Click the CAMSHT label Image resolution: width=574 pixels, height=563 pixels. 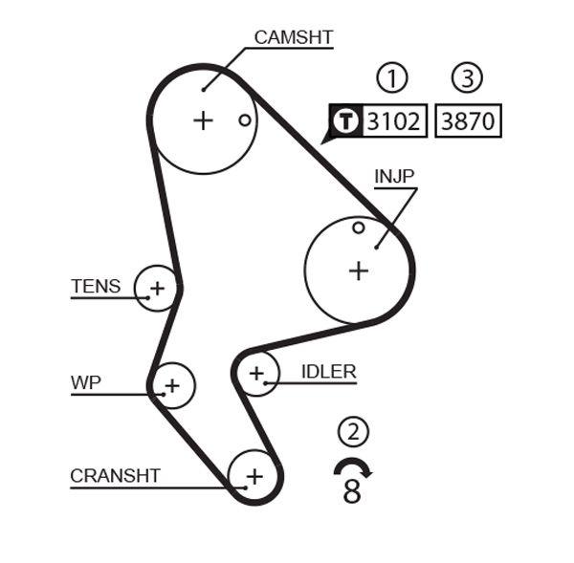pyautogui.click(x=293, y=38)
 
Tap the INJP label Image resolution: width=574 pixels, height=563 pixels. pyautogui.click(x=394, y=177)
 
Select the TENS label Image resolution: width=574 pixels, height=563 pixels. pyautogui.click(x=96, y=286)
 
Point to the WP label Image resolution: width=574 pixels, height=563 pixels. pyautogui.click(x=86, y=383)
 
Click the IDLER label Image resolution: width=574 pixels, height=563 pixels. pyautogui.click(x=328, y=372)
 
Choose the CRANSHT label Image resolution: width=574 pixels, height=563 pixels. pyautogui.click(x=115, y=475)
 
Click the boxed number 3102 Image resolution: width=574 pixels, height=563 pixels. pyautogui.click(x=392, y=121)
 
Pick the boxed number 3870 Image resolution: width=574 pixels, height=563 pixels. pyautogui.click(x=468, y=121)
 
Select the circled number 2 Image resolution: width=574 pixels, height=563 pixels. pyautogui.click(x=353, y=432)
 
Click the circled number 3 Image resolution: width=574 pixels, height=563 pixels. pyautogui.click(x=468, y=78)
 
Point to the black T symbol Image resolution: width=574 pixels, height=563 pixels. pyautogui.click(x=345, y=121)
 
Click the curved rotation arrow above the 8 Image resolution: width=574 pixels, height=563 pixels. pyautogui.click(x=353, y=466)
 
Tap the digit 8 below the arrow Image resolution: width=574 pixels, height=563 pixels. pyautogui.click(x=352, y=491)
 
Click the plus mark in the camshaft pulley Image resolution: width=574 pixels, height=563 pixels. pyautogui.click(x=203, y=120)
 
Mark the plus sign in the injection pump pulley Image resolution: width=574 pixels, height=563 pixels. pyautogui.click(x=358, y=271)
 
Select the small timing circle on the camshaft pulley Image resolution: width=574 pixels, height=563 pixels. pyautogui.click(x=245, y=120)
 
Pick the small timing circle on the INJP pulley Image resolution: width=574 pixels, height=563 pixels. pyautogui.click(x=358, y=227)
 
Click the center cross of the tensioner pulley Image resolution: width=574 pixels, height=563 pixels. pyautogui.click(x=157, y=288)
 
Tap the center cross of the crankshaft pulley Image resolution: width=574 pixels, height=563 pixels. pyautogui.click(x=254, y=475)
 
